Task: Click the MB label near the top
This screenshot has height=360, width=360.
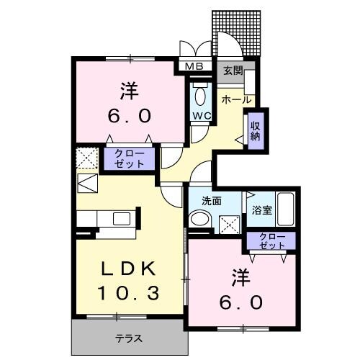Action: [x=194, y=67]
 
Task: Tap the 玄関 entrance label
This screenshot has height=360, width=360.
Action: [x=232, y=71]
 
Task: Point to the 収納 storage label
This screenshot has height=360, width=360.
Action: [x=256, y=132]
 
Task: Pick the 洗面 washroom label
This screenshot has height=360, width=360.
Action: [x=210, y=201]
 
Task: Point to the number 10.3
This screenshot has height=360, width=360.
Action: [x=128, y=294]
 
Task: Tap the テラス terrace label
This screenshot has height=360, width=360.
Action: [x=128, y=338]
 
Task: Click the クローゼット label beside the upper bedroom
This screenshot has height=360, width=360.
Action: [x=130, y=158]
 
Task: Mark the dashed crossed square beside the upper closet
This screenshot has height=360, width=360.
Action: [x=86, y=158]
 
